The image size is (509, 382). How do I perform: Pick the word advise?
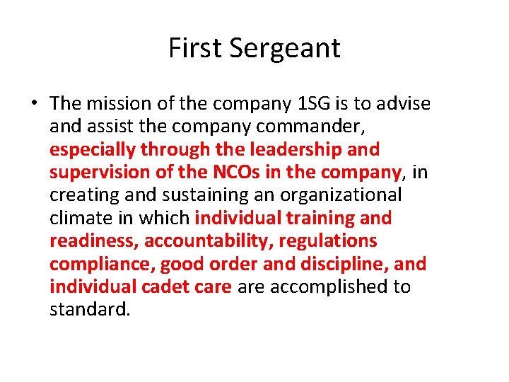(404, 103)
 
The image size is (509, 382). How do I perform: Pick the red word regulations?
(328, 241)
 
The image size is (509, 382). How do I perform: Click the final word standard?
(90, 310)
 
